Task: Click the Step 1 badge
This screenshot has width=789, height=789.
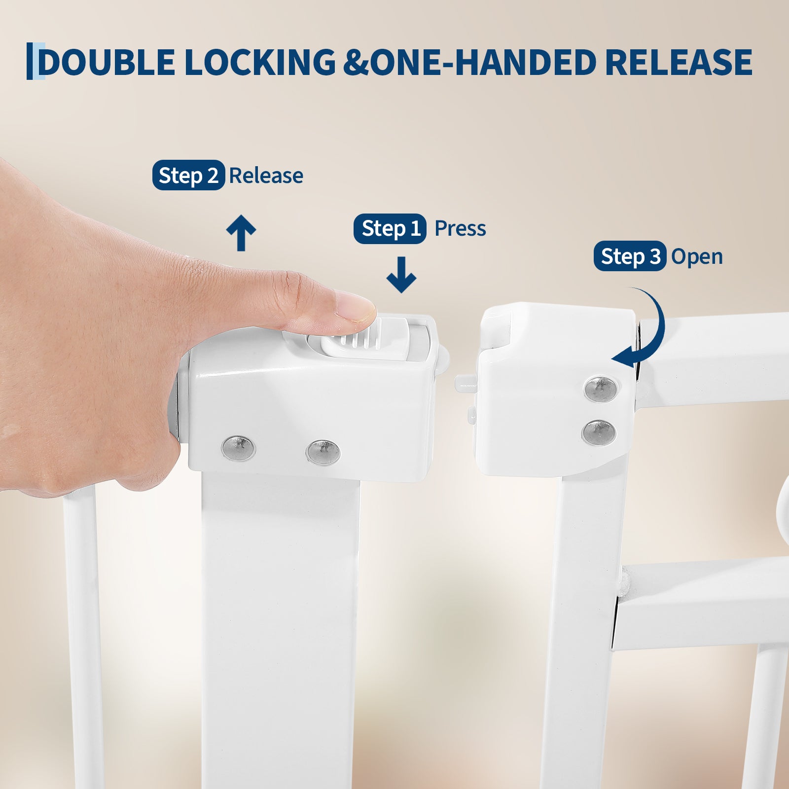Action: coord(390,228)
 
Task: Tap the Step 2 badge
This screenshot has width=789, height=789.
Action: coord(188,175)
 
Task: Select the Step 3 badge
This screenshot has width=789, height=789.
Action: coord(630,256)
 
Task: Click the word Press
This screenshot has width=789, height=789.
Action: coord(460,228)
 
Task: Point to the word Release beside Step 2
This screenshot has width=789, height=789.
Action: coord(266,176)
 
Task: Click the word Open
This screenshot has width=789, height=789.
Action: coord(697,257)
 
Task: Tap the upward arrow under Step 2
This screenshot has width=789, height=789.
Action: coord(241,233)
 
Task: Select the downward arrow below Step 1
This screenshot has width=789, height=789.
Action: coord(401,275)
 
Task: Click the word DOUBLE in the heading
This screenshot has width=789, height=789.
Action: coord(107,62)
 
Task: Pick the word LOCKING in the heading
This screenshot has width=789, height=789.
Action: coord(260,62)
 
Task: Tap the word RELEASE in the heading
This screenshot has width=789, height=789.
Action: coord(679,62)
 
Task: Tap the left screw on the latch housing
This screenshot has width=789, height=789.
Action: coord(239,448)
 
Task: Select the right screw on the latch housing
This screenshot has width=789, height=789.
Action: coord(323,452)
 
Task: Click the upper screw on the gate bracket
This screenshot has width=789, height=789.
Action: coord(601,388)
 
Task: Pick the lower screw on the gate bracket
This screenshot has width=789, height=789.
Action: coord(599,431)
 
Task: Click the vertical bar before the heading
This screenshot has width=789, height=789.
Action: coord(30,61)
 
